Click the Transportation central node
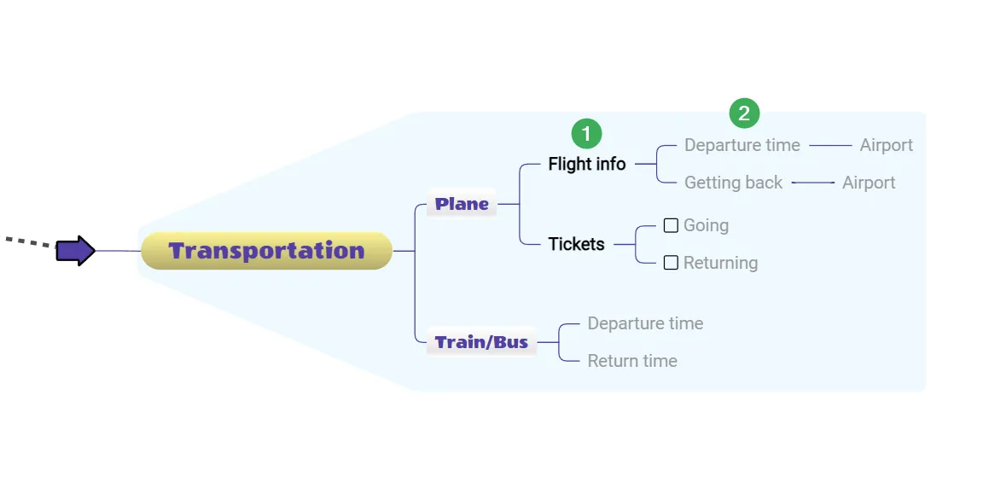coord(266,251)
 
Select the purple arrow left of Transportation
coord(76,251)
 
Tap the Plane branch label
coord(462,204)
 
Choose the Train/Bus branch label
coord(481,342)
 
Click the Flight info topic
coord(587,164)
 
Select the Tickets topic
coord(576,244)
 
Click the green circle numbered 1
coord(586,133)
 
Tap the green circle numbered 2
coord(744,113)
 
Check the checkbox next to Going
coord(671,225)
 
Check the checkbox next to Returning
coord(671,263)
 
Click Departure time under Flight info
coord(742,145)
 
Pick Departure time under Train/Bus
coord(645,323)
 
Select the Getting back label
coord(733,183)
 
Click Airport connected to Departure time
coord(886,145)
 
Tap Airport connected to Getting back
coord(869,183)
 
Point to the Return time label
coord(632,361)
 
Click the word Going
coord(706,225)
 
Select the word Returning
coord(720,263)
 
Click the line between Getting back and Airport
coord(812,183)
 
